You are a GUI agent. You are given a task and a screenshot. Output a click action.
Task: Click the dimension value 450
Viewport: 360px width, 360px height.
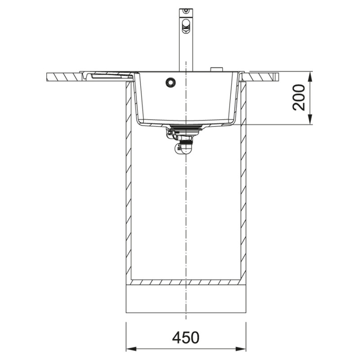click(x=185, y=337)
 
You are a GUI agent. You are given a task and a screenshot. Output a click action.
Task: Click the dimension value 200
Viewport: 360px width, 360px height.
click(x=299, y=97)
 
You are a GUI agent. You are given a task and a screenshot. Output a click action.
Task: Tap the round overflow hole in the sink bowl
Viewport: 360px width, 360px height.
click(x=170, y=82)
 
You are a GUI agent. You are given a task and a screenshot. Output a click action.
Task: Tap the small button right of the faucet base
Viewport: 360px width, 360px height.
click(x=216, y=69)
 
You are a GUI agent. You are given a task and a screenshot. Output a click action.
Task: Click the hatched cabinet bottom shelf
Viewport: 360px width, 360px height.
click(x=186, y=283)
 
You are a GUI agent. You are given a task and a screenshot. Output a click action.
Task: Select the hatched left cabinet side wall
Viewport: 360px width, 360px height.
click(x=128, y=180)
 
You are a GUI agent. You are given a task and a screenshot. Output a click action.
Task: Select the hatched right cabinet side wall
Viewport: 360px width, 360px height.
click(x=244, y=180)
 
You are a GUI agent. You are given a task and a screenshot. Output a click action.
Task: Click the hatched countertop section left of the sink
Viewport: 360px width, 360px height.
click(x=63, y=76)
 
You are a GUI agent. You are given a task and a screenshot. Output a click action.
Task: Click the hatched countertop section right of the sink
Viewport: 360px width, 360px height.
click(x=261, y=76)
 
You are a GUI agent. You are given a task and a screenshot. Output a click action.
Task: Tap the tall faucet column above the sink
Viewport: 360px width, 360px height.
click(x=185, y=49)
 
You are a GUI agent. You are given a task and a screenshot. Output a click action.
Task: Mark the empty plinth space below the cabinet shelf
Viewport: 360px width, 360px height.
click(x=186, y=299)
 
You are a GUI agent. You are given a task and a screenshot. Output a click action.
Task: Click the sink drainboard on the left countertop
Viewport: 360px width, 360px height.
click(x=108, y=75)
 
